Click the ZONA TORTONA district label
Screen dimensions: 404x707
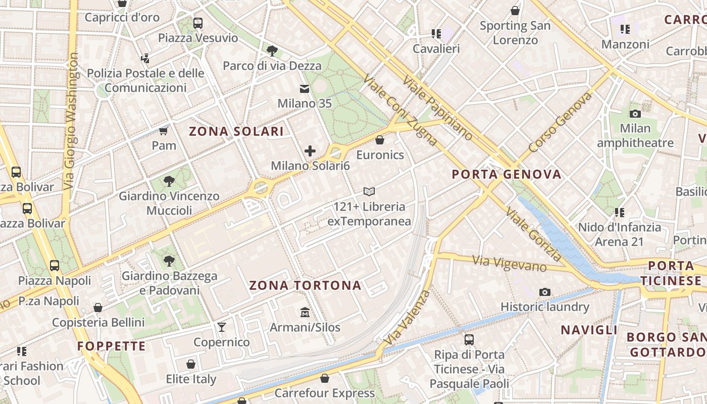pos(305,285)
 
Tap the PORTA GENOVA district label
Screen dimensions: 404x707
pos(506,175)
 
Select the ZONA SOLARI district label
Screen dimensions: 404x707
pos(236,132)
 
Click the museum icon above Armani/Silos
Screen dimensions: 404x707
pos(305,313)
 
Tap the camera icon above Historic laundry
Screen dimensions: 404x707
pos(544,292)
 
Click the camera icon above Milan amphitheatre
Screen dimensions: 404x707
pos(635,114)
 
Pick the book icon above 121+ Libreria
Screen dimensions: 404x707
pos(369,192)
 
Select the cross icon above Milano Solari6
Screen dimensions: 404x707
pos(310,150)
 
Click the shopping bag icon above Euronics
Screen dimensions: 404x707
pos(380,140)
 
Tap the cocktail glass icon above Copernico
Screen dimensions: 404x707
pos(222,327)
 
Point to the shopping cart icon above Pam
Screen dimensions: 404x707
pos(164,131)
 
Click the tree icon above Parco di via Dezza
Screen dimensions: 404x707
pos(272,50)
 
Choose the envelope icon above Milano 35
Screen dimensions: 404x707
pos(305,89)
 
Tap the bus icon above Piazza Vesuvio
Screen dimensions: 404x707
pos(198,23)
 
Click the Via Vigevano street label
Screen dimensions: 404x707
pos(509,263)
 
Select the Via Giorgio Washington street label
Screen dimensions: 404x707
pos(71,121)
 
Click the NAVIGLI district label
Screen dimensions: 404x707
pos(589,330)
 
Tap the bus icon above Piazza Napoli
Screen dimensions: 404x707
pos(55,266)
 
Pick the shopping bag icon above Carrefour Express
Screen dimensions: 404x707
pos(325,378)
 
